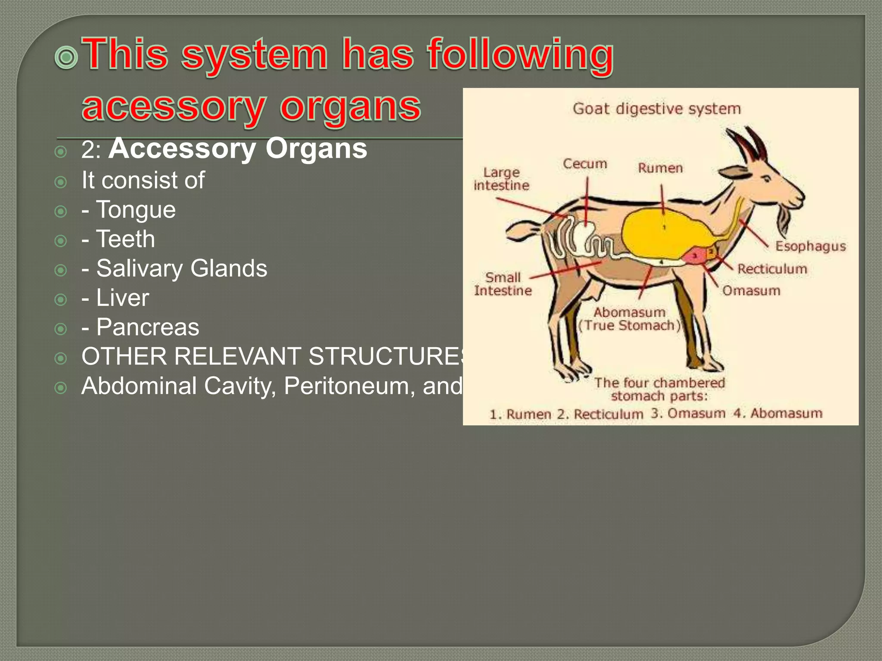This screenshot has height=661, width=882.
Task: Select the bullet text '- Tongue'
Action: click(128, 210)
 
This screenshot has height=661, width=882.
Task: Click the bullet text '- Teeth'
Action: click(118, 239)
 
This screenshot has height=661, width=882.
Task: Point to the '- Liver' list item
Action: click(115, 298)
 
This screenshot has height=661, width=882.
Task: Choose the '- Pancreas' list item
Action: click(140, 327)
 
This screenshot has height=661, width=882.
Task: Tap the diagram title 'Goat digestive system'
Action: click(656, 108)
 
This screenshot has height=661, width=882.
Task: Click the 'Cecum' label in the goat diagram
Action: click(585, 164)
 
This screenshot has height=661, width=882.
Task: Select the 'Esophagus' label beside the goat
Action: click(810, 246)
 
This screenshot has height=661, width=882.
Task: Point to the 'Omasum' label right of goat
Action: click(751, 291)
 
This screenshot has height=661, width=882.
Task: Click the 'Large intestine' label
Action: click(501, 179)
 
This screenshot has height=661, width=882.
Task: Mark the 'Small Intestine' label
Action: click(503, 284)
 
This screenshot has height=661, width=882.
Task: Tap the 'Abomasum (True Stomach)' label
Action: click(630, 319)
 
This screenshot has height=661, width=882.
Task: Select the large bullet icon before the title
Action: click(66, 58)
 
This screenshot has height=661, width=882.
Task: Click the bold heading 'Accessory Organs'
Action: click(238, 148)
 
